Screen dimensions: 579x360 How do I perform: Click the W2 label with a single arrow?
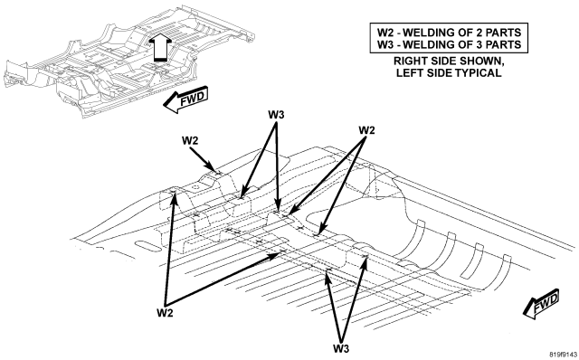pyautogui.click(x=190, y=141)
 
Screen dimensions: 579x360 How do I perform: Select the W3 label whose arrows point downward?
pyautogui.click(x=276, y=115)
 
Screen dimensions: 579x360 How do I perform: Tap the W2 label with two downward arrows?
pyautogui.click(x=366, y=130)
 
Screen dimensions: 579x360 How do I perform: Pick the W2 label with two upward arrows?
pyautogui.click(x=165, y=313)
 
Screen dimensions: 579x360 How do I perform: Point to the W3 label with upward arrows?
pyautogui.click(x=341, y=348)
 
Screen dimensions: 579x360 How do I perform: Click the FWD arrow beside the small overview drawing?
pyautogui.click(x=185, y=99)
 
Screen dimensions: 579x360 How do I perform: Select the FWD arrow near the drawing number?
pyautogui.click(x=541, y=304)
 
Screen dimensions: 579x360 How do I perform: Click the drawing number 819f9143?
pyautogui.click(x=563, y=355)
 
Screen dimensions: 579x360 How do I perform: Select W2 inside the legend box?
pyautogui.click(x=385, y=33)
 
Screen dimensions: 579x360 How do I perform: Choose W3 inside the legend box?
pyautogui.click(x=385, y=44)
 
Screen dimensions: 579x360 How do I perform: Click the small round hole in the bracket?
pyautogui.click(x=195, y=187)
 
